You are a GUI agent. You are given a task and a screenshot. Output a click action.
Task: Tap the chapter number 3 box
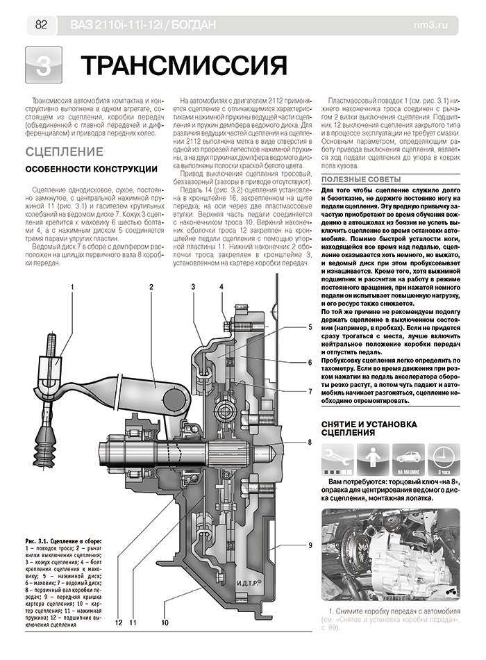tap(42, 67)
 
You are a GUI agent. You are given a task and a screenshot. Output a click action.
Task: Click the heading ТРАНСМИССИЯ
tap(184, 66)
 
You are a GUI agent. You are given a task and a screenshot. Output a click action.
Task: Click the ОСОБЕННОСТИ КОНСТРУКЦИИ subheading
tap(90, 170)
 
